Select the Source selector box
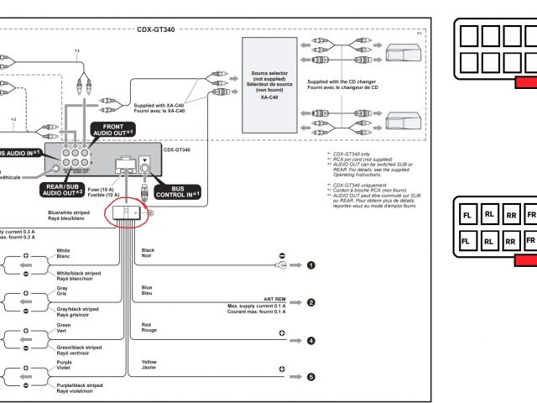270,81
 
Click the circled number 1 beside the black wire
311,265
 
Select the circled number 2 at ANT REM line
311,302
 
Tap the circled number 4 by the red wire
311,340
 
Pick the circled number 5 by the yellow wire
311,377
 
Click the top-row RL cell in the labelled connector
489,214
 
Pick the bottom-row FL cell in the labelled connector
467,241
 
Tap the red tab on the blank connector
526,82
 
